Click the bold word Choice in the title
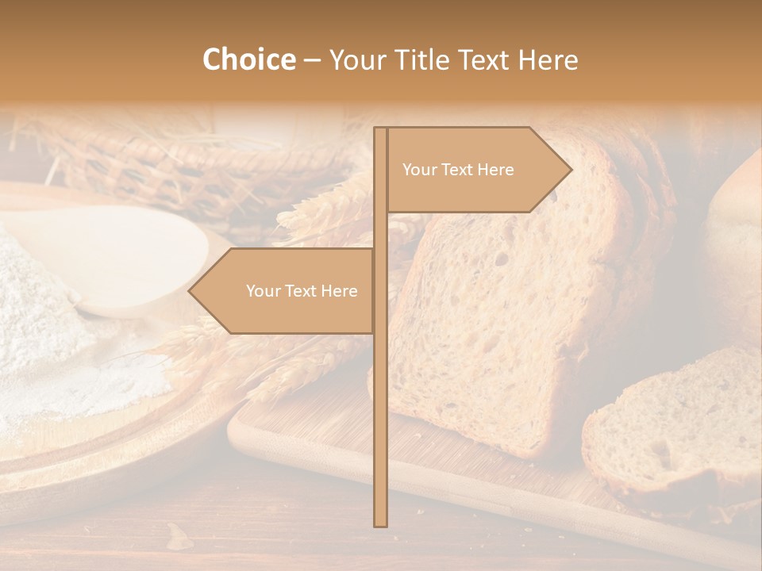click(248, 60)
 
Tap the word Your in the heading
click(356, 60)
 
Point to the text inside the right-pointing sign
click(458, 170)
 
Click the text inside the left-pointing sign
click(302, 291)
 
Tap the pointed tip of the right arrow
click(569, 169)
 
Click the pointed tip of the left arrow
click(191, 291)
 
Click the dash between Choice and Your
click(312, 60)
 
